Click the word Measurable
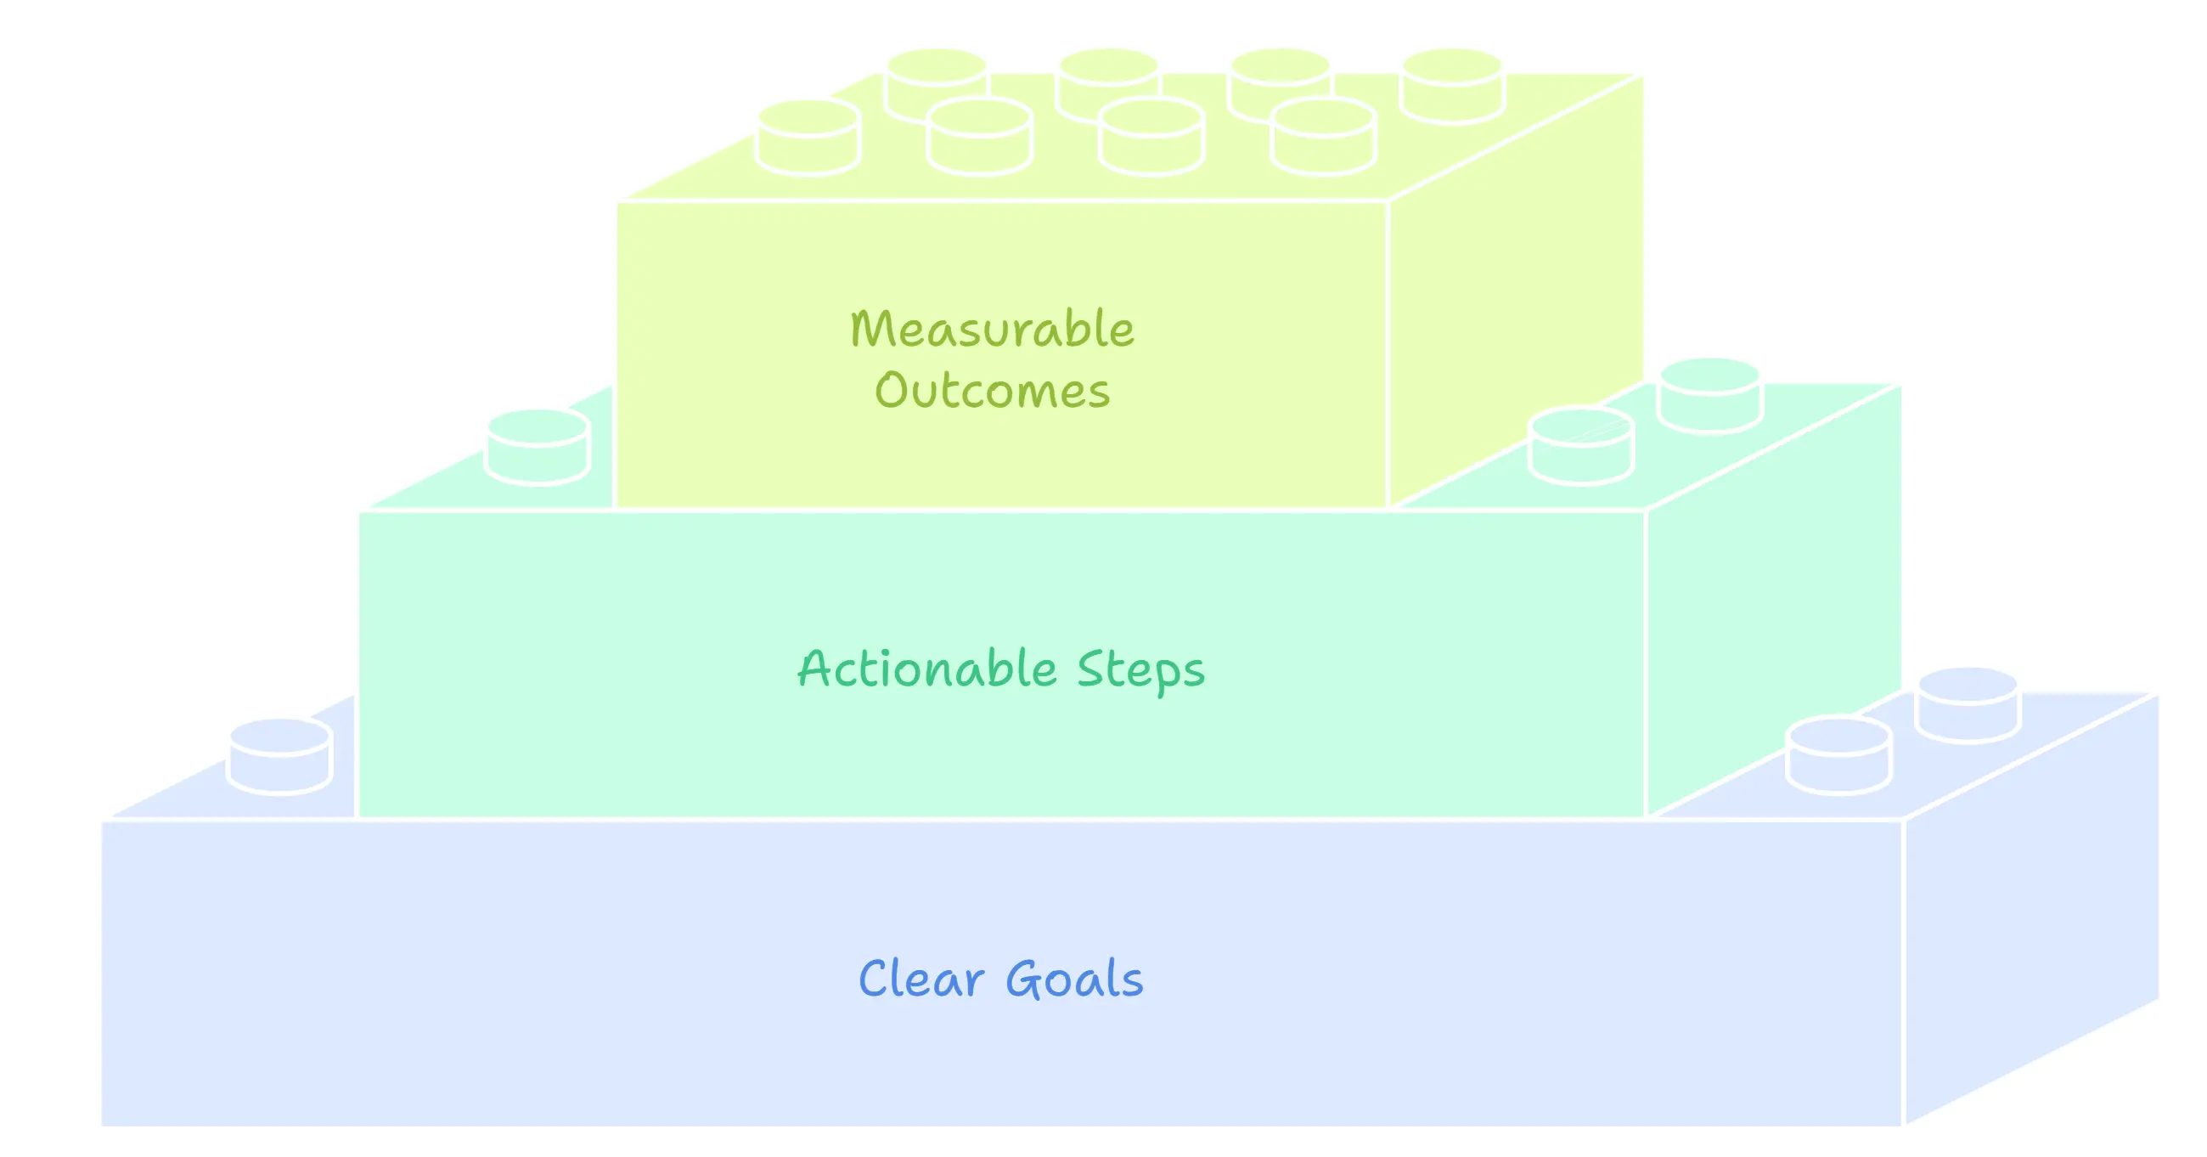pyautogui.click(x=991, y=329)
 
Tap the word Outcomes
pyautogui.click(x=991, y=391)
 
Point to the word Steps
pyautogui.click(x=1140, y=670)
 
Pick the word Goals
pyautogui.click(x=1073, y=979)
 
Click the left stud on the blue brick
pyautogui.click(x=279, y=756)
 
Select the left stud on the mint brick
pyautogui.click(x=538, y=447)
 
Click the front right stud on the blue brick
pyautogui.click(x=1838, y=755)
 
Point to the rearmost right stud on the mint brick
pyautogui.click(x=1710, y=395)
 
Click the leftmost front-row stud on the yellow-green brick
pyautogui.click(x=808, y=137)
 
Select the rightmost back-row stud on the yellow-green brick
pyautogui.click(x=1452, y=86)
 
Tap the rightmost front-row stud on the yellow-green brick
pyautogui.click(x=1324, y=137)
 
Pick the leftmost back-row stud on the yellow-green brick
pyautogui.click(x=937, y=86)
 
